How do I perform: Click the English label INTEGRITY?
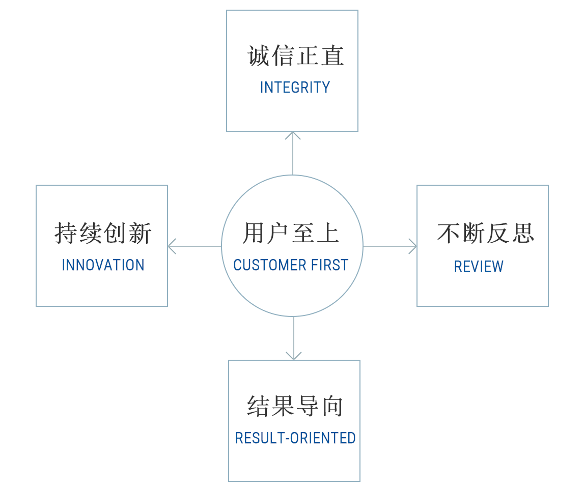coord(295,88)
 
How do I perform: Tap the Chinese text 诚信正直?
coord(296,56)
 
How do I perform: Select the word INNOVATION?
coord(103,265)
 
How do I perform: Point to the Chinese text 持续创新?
coord(103,234)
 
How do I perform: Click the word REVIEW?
coord(479,267)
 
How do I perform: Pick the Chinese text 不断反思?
coord(485,234)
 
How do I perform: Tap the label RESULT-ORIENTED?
coord(295,438)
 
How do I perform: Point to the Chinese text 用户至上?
coord(291,234)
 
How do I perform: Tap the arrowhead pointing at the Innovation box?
coord(171,246)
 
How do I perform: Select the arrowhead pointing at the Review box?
coord(413,246)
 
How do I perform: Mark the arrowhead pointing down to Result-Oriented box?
coord(294,356)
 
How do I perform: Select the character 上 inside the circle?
coord(328,234)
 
